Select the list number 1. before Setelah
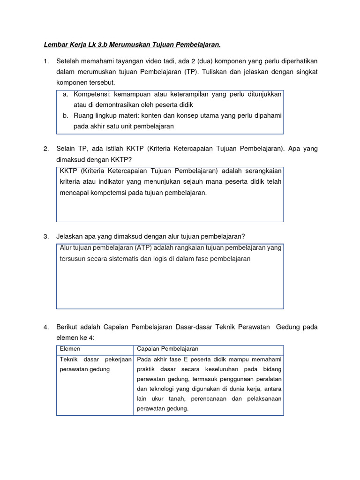tap(46, 61)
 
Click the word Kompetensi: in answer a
tap(91, 94)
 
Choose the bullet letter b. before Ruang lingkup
tap(66, 115)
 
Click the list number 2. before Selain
tap(46, 149)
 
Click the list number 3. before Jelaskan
tap(46, 236)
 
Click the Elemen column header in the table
tap(70, 349)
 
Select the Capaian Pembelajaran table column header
tap(167, 349)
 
